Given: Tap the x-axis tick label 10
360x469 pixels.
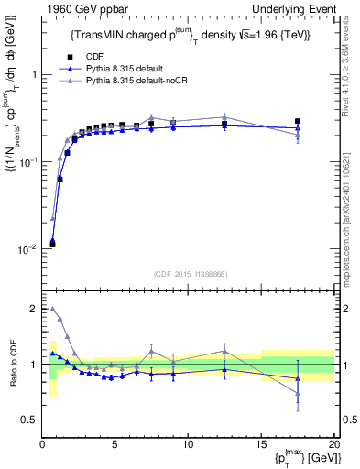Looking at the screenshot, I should point(188,445).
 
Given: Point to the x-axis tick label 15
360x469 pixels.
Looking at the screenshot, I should point(260,445).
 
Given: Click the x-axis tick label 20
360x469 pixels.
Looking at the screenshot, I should point(333,445).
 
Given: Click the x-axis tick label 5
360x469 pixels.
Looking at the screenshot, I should point(115,445).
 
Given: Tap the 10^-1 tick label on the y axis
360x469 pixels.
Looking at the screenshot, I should point(27,162).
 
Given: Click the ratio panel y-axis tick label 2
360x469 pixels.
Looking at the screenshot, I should point(33,310).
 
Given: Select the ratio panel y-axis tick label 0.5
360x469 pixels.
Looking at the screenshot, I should point(29,420).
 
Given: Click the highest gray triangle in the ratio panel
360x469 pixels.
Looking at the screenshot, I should point(52,309).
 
